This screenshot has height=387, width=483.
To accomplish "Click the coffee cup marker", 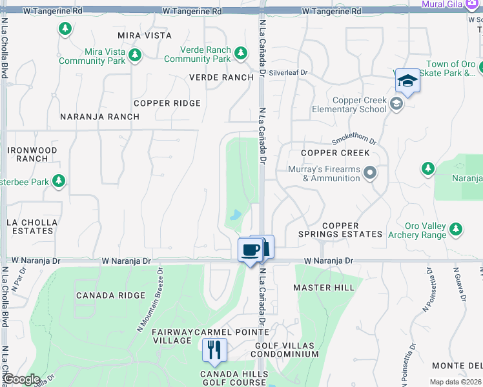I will point(250,250).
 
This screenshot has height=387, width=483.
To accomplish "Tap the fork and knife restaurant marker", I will point(214,350).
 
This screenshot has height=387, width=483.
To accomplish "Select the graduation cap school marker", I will point(407,81).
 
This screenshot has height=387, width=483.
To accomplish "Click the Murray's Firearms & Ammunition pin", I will point(370,172).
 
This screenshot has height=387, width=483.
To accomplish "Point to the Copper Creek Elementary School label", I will point(359,105).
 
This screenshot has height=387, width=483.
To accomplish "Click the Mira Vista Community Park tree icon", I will point(135,55).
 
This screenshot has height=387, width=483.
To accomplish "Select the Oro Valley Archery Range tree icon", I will point(456,229).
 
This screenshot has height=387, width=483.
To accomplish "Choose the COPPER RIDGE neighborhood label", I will point(167,103).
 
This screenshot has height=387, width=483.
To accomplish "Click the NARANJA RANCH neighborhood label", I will point(99,117).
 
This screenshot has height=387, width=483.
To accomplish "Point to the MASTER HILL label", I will point(324,287).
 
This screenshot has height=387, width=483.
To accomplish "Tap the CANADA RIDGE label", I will point(110,295).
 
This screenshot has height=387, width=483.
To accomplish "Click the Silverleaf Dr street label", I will point(289,73).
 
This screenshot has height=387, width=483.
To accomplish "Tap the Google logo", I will point(21,379).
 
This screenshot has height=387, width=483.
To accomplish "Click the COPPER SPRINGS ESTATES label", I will point(340,230).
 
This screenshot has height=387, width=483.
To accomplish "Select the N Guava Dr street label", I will point(460,284).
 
